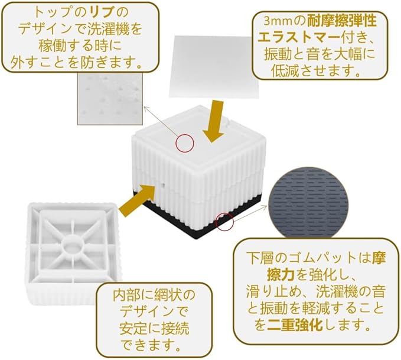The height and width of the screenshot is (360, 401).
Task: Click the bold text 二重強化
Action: tap(291, 324)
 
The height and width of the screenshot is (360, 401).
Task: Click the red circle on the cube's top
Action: tap(185, 142)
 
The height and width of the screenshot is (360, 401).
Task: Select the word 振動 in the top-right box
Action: tap(278, 54)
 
